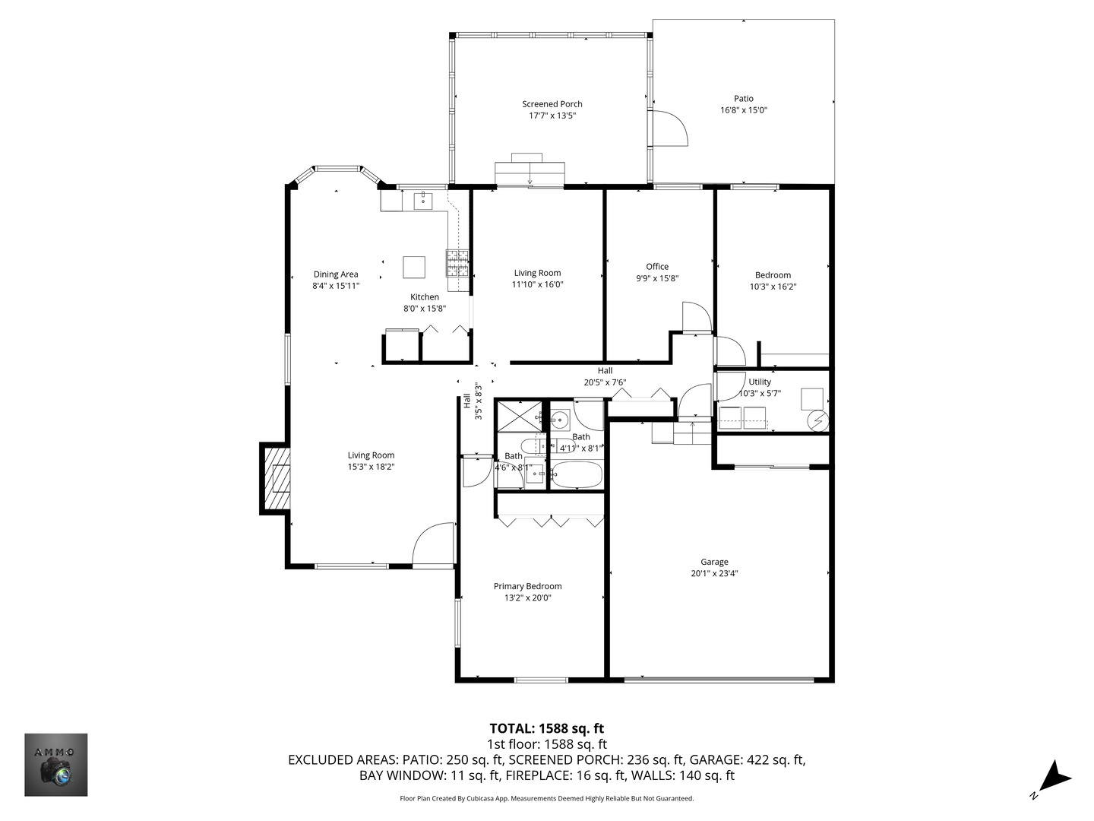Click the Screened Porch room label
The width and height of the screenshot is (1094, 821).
pos(552,104)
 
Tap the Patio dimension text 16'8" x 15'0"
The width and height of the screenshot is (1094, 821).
pos(744,110)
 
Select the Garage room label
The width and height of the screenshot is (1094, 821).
pos(714,562)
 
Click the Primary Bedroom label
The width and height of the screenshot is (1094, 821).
pos(527,586)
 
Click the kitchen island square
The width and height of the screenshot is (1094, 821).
pos(414,268)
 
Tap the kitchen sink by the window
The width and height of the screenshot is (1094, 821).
pos(422,201)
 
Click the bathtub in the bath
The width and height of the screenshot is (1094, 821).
pos(577,476)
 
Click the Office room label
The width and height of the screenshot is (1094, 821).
pos(657,267)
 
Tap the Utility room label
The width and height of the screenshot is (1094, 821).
pos(760,382)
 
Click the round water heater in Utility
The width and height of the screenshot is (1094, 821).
pos(817,419)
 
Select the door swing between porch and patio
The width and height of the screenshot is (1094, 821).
pos(670,128)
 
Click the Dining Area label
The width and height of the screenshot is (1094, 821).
pos(335,274)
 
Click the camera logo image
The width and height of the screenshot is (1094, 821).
pos(56,765)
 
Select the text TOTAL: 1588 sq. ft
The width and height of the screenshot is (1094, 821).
pos(546,728)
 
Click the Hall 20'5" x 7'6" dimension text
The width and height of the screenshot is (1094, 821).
pos(605,382)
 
